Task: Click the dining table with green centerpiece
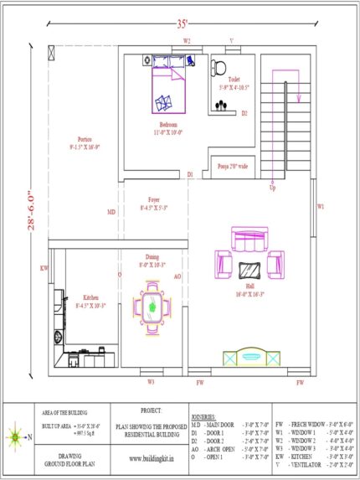[x=152, y=306]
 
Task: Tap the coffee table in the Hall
[x=249, y=270]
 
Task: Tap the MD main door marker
[x=111, y=212]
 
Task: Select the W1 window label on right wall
[x=321, y=205]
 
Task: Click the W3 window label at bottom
[x=152, y=382]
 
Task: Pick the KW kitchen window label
[x=44, y=269]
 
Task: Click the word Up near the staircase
[x=271, y=187]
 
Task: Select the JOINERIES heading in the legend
[x=203, y=415]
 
